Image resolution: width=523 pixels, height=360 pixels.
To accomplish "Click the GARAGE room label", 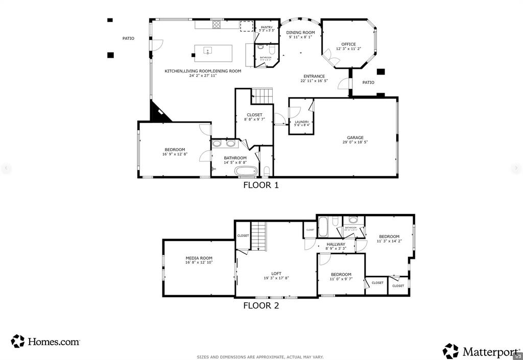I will coord(355,137).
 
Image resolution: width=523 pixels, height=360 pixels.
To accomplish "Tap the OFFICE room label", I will coord(348,44).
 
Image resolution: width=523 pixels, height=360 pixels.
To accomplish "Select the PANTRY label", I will coord(267,27).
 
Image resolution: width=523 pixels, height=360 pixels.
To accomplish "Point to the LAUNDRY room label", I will coord(301,122).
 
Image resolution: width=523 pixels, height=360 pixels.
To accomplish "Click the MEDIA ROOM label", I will coord(199,258).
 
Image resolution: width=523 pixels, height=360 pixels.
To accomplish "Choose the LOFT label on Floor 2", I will coord(276,274).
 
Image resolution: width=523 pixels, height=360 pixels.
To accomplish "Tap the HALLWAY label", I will coord(336,244).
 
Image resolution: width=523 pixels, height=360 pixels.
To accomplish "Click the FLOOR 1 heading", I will coord(260,185).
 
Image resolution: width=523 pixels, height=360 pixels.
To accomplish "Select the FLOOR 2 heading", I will coord(260,306).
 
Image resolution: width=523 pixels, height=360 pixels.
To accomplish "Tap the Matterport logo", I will coord(480,351).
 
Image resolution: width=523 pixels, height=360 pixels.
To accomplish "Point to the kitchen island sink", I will coord(208,51).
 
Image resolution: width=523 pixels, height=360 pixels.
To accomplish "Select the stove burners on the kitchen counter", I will coord(217,24).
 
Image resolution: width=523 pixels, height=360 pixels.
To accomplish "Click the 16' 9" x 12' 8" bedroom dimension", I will coord(175,154).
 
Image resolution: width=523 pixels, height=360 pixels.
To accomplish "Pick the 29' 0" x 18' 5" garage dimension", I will coord(355,142).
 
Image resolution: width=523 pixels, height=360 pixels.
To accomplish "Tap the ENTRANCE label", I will coord(314,76).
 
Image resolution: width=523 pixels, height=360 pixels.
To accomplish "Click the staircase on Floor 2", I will coord(259,236).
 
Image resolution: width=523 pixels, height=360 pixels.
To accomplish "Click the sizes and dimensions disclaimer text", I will coord(260,357).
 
